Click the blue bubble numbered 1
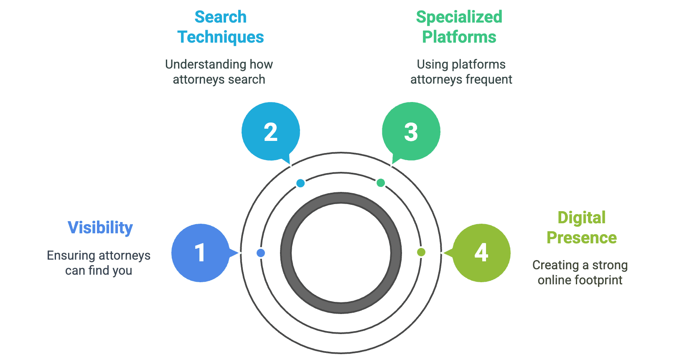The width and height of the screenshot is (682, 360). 200,253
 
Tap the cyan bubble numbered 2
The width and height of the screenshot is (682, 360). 270,131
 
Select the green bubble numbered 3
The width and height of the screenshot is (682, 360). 411,131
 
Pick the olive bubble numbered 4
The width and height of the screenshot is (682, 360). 481,253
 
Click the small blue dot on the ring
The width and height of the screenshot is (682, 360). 261,253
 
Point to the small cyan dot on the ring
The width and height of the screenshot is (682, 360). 300,183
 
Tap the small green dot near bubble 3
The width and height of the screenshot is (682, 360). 381,183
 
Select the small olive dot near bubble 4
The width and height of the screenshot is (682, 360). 421,252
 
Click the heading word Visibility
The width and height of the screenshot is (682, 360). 100,228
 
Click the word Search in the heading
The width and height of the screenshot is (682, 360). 221,17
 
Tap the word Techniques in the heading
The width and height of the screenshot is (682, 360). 221,37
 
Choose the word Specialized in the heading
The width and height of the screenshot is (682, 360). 459,17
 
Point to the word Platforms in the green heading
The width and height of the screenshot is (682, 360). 459,37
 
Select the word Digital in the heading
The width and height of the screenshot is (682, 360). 581,218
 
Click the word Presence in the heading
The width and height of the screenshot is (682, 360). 582,238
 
